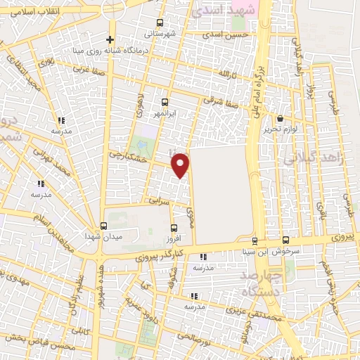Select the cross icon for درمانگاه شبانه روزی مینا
[110, 39]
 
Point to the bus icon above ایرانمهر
[165, 102]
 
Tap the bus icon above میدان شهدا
[104, 226]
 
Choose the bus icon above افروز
[174, 226]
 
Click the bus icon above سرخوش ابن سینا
[285, 240]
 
